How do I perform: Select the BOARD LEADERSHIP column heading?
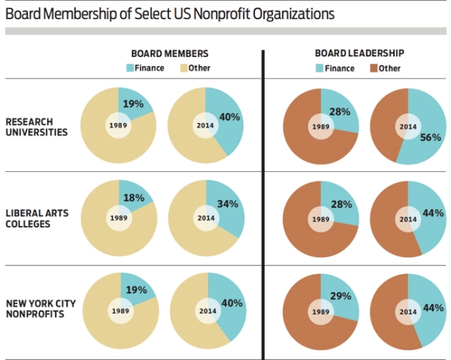pos(359,55)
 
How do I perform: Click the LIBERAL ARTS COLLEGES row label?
pos(37,218)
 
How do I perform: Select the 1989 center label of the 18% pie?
pos(119,218)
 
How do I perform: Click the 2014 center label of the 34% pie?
pos(205,218)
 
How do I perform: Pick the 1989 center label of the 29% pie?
pos(320,311)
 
